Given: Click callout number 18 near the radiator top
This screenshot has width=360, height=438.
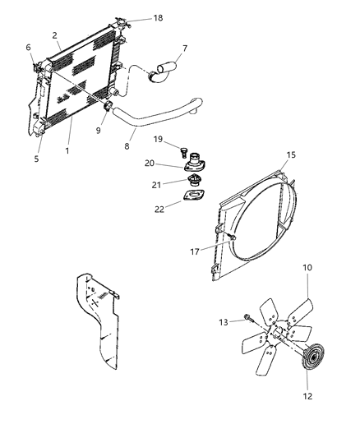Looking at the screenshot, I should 158,17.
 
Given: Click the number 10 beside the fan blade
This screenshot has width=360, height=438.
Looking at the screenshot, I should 307,290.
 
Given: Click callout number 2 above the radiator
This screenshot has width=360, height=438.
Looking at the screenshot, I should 54,35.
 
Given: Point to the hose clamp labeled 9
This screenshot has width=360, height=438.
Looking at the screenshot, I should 108,107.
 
